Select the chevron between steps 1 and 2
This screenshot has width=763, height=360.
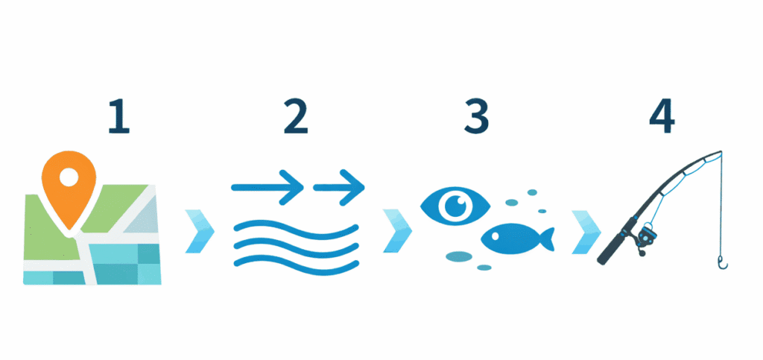pyautogui.click(x=199, y=232)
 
